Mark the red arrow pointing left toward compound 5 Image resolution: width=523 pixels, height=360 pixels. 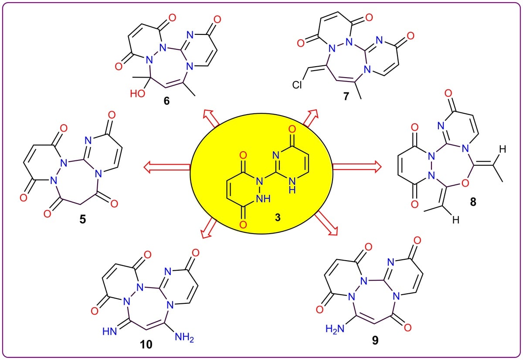click(x=167, y=166)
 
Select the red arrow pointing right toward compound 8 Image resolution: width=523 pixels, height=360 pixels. click(x=356, y=166)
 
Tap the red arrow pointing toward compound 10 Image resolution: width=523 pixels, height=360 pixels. click(x=210, y=227)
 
